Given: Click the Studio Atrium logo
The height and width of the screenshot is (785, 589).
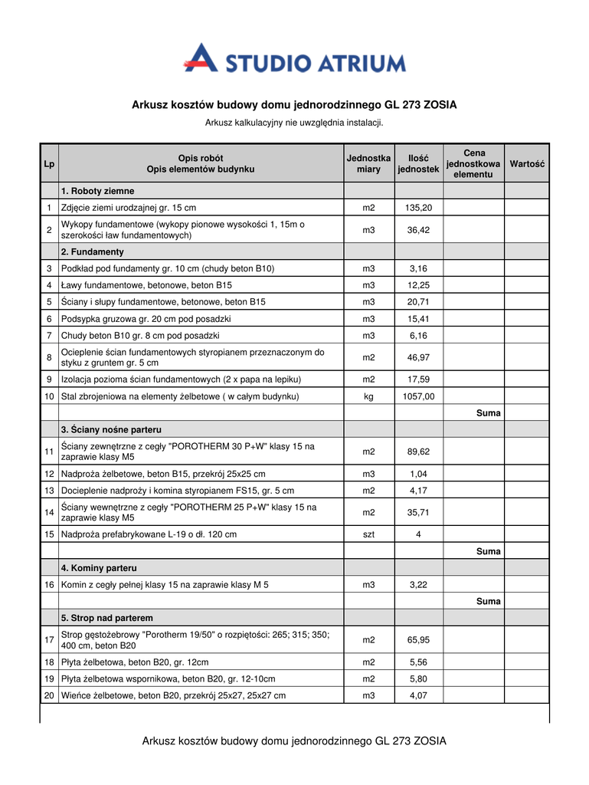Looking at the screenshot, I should [x=294, y=59].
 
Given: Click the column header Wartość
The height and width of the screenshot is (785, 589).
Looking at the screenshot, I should [x=526, y=163].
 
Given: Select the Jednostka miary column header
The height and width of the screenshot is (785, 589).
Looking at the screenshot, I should [x=368, y=163].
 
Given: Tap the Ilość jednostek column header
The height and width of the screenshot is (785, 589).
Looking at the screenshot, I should [x=418, y=163].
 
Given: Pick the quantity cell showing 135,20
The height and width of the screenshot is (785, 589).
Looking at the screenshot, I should [x=418, y=208].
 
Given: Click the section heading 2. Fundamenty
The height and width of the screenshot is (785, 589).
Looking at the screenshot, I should [x=92, y=251].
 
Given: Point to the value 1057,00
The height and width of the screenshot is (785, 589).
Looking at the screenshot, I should [x=418, y=396].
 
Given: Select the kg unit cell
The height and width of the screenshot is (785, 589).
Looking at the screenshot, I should [x=368, y=396].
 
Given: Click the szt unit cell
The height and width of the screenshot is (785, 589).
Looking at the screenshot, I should [x=368, y=534].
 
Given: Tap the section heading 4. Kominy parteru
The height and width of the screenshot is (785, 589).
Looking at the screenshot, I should [x=99, y=568].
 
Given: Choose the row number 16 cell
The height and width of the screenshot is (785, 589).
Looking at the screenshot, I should [x=49, y=584].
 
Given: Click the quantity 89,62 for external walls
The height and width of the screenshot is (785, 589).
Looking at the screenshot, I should [x=418, y=452].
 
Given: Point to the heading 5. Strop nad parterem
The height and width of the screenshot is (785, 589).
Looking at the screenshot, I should [x=107, y=617].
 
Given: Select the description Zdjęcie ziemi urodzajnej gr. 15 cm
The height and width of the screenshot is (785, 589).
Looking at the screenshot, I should [x=129, y=208].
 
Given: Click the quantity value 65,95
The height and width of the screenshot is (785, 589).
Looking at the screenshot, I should [x=418, y=639].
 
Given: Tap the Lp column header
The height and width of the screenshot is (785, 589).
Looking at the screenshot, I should [x=49, y=163].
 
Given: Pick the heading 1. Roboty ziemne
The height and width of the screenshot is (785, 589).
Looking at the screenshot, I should [x=97, y=191].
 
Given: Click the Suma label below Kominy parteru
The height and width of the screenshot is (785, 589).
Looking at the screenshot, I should [x=488, y=601].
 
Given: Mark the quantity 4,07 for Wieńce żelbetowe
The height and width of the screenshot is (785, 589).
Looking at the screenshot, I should [x=418, y=695].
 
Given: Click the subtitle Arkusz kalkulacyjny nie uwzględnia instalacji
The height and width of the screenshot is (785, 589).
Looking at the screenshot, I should [x=294, y=123].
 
